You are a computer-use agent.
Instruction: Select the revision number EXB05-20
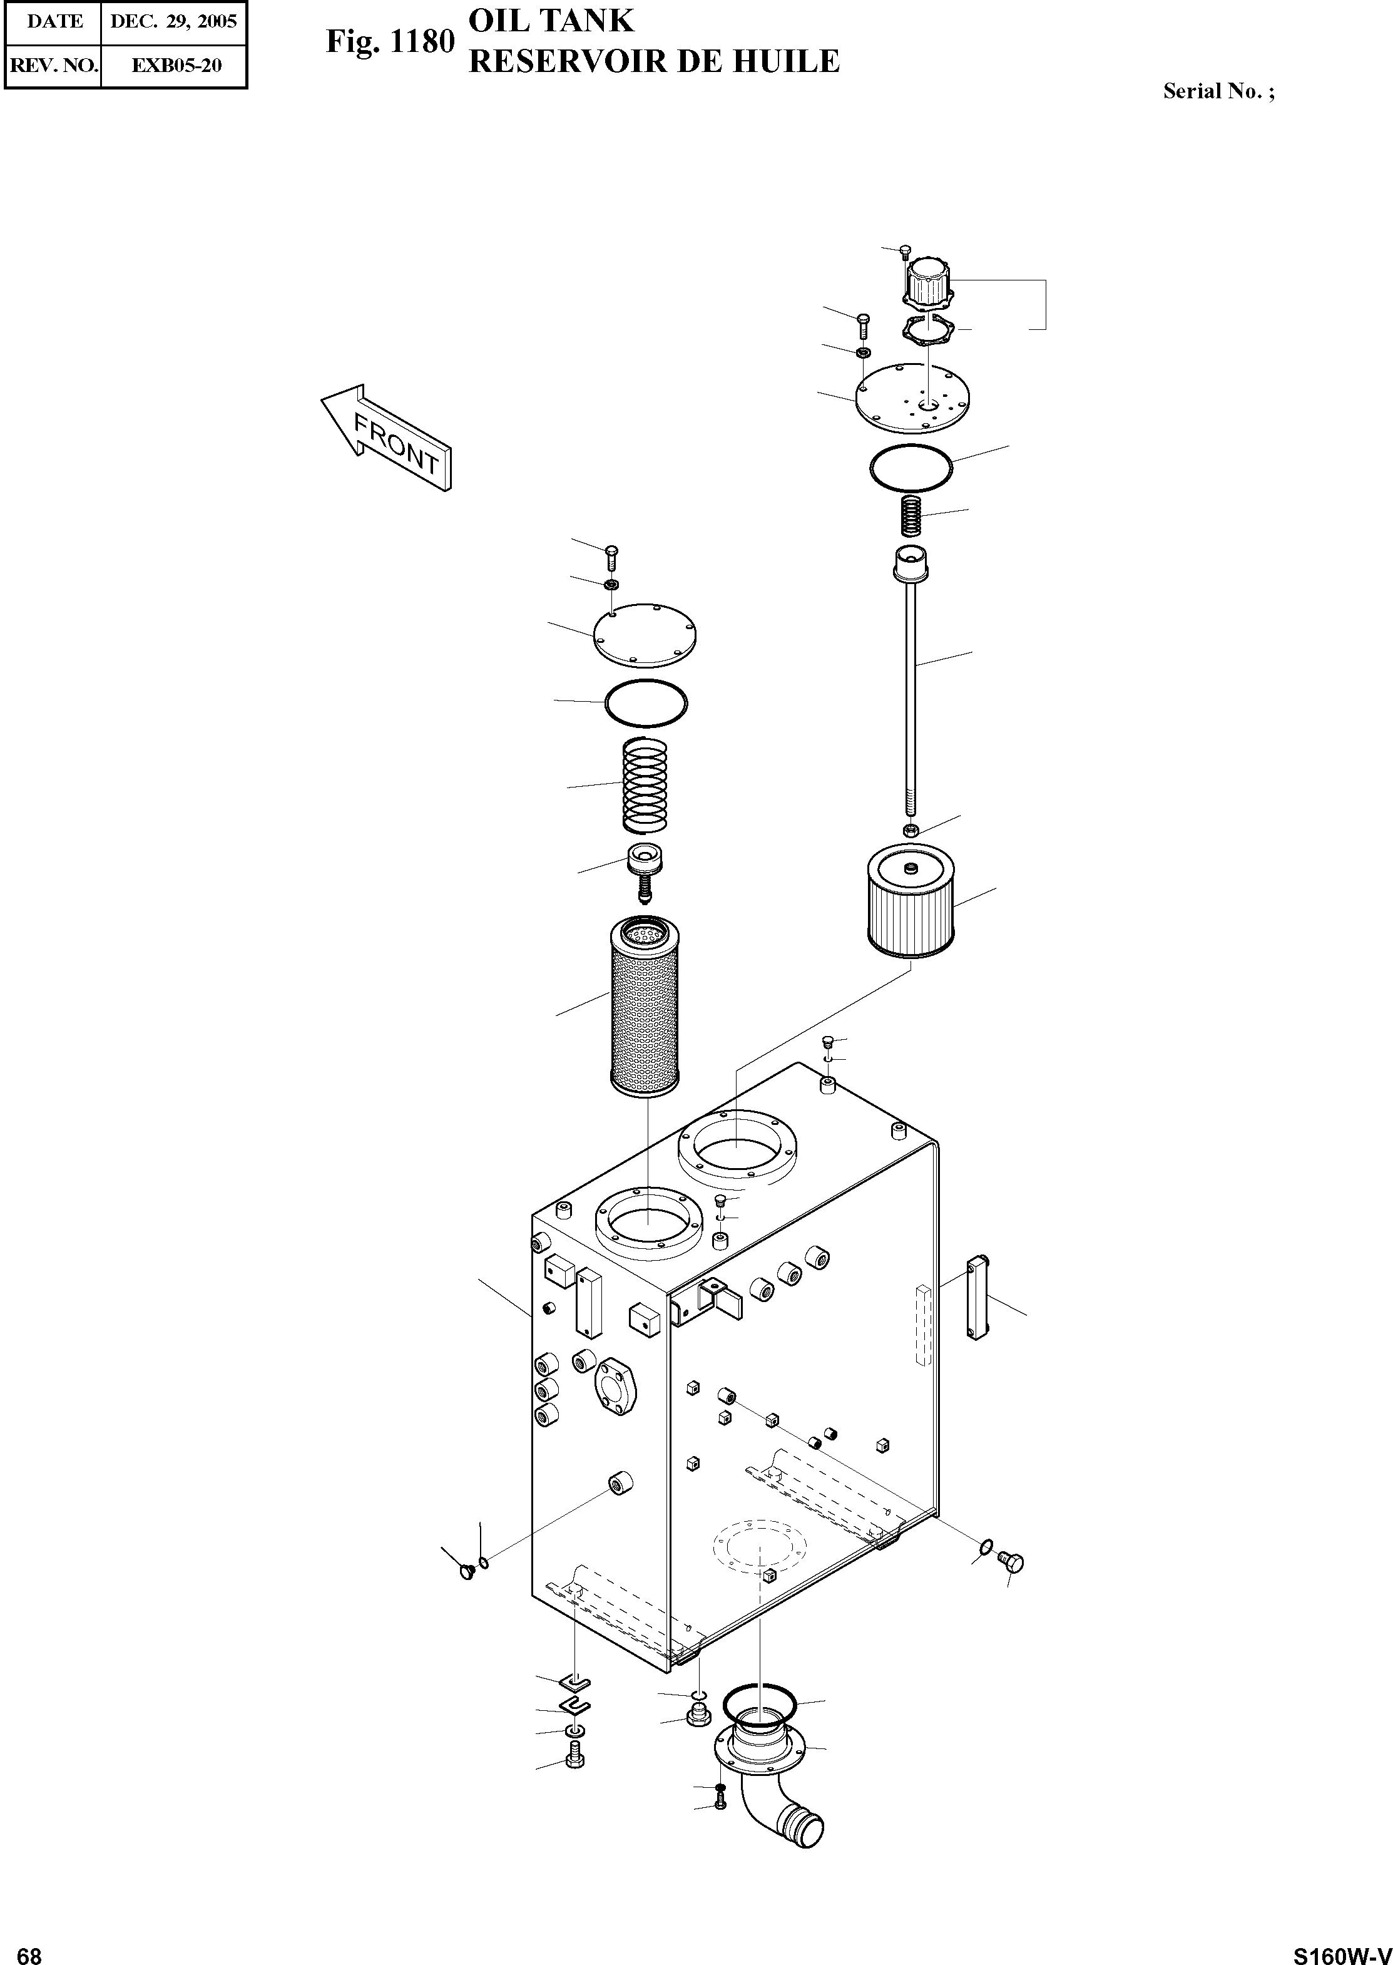pos(176,65)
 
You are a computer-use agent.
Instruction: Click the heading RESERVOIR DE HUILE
pos(653,62)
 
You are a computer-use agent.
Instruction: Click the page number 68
pos(29,1949)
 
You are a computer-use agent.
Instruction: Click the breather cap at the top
pos(927,282)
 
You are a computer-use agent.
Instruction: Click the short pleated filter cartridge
pos(910,905)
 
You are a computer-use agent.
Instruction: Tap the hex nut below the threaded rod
pos(912,830)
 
